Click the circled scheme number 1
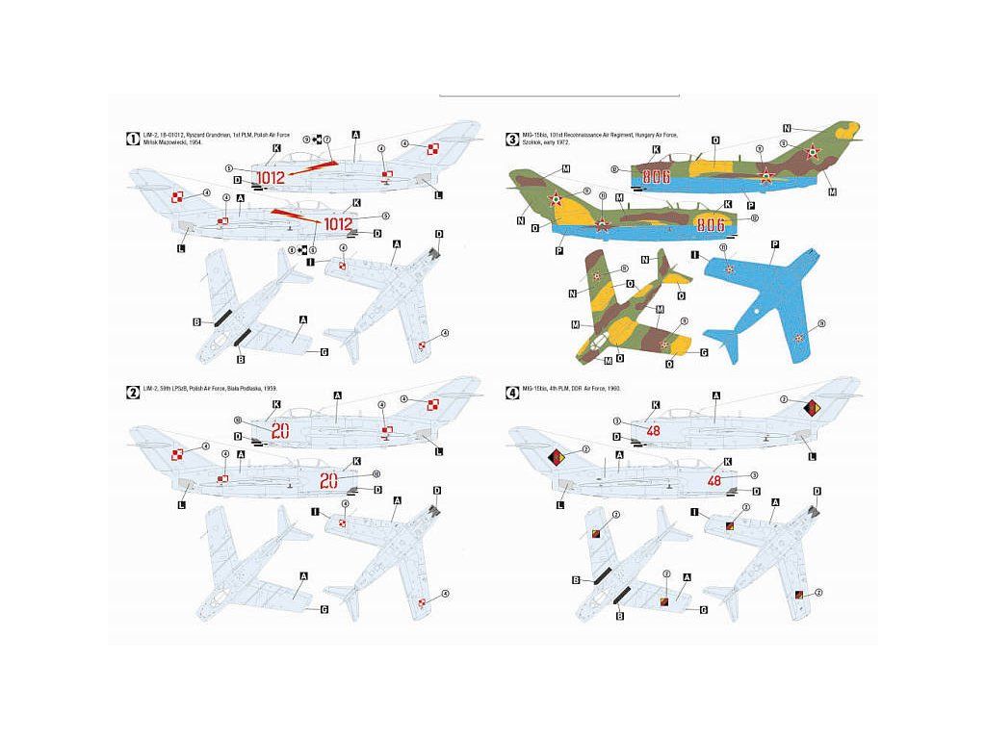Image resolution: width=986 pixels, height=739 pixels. (x=133, y=139)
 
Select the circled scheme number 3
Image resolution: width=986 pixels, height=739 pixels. (x=512, y=139)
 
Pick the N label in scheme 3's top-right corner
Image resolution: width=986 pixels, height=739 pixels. (x=787, y=128)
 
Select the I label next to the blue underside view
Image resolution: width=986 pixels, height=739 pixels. (x=694, y=256)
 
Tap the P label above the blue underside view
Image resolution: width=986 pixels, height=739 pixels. (x=774, y=244)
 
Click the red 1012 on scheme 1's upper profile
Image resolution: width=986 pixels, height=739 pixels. (x=272, y=177)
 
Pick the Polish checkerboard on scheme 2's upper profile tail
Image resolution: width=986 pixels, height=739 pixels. (x=432, y=404)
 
